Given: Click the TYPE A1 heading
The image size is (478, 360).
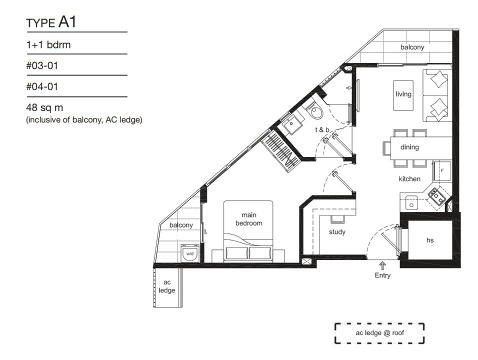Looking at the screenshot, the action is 51,22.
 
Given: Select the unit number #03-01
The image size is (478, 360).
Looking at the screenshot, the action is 42,65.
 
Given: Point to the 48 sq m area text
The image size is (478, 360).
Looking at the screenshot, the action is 44,107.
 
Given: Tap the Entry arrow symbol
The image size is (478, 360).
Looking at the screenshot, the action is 382,265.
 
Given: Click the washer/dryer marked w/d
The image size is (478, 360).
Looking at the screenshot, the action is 190,253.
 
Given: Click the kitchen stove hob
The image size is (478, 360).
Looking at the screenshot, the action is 437,196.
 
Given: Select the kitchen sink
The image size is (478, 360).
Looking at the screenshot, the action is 411,202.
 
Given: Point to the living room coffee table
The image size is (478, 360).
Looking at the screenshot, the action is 403,95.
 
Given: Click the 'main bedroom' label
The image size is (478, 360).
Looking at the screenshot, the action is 249,219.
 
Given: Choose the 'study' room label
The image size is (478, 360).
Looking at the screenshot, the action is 337,232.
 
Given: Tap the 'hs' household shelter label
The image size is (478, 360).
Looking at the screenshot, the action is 430,240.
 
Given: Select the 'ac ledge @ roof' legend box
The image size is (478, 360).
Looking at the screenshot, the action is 379,333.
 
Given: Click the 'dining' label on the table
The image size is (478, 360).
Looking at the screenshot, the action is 409,147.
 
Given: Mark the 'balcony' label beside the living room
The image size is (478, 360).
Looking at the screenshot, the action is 412,47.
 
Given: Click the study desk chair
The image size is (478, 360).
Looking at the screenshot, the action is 337,219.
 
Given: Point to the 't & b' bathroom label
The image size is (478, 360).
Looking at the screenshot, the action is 322,130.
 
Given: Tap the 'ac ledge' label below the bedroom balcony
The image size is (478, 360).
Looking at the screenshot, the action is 167,286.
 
